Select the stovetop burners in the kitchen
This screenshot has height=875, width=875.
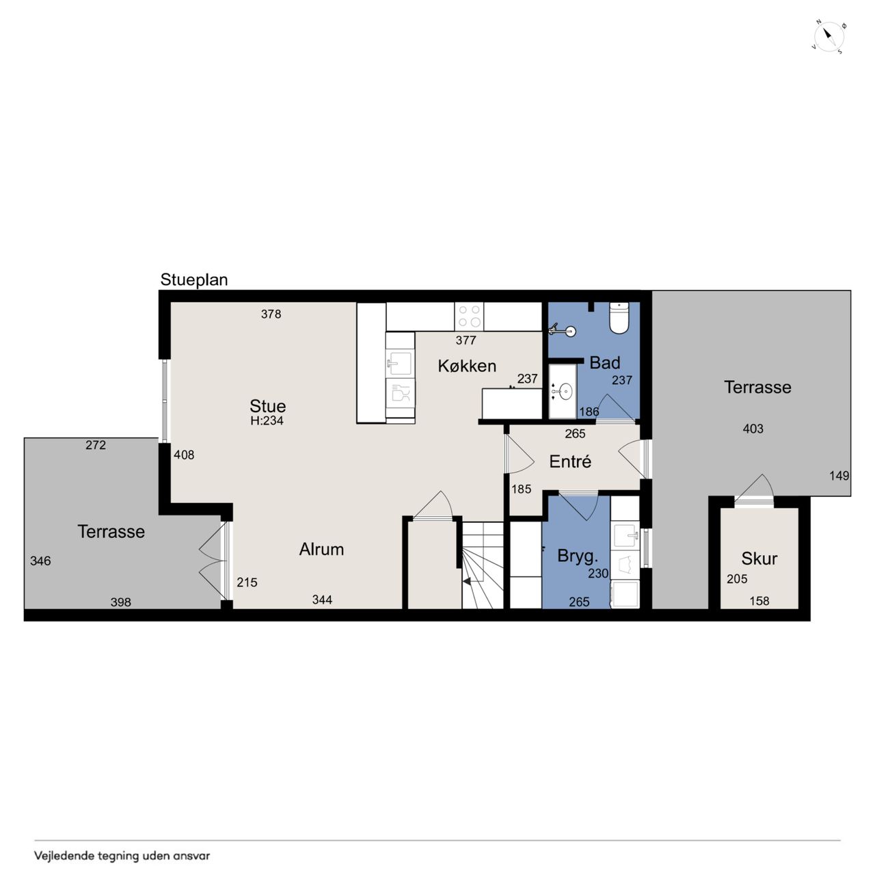click(x=469, y=316)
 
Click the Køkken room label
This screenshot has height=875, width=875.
click(x=466, y=366)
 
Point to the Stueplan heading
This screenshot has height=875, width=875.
click(x=194, y=280)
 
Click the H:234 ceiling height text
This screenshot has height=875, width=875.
click(x=267, y=420)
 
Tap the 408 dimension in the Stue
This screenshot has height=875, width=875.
click(x=184, y=455)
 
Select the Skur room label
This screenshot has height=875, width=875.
click(x=759, y=558)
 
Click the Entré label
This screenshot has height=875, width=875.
click(x=570, y=461)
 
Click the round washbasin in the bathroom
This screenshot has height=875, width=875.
click(x=565, y=391)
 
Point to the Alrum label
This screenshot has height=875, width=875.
click(x=321, y=550)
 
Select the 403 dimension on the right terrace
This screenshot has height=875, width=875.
click(x=753, y=428)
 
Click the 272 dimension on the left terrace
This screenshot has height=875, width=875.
click(x=96, y=445)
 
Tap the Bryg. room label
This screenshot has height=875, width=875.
click(x=578, y=556)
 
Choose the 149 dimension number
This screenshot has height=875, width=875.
click(x=839, y=475)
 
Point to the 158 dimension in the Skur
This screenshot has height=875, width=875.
click(x=759, y=601)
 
